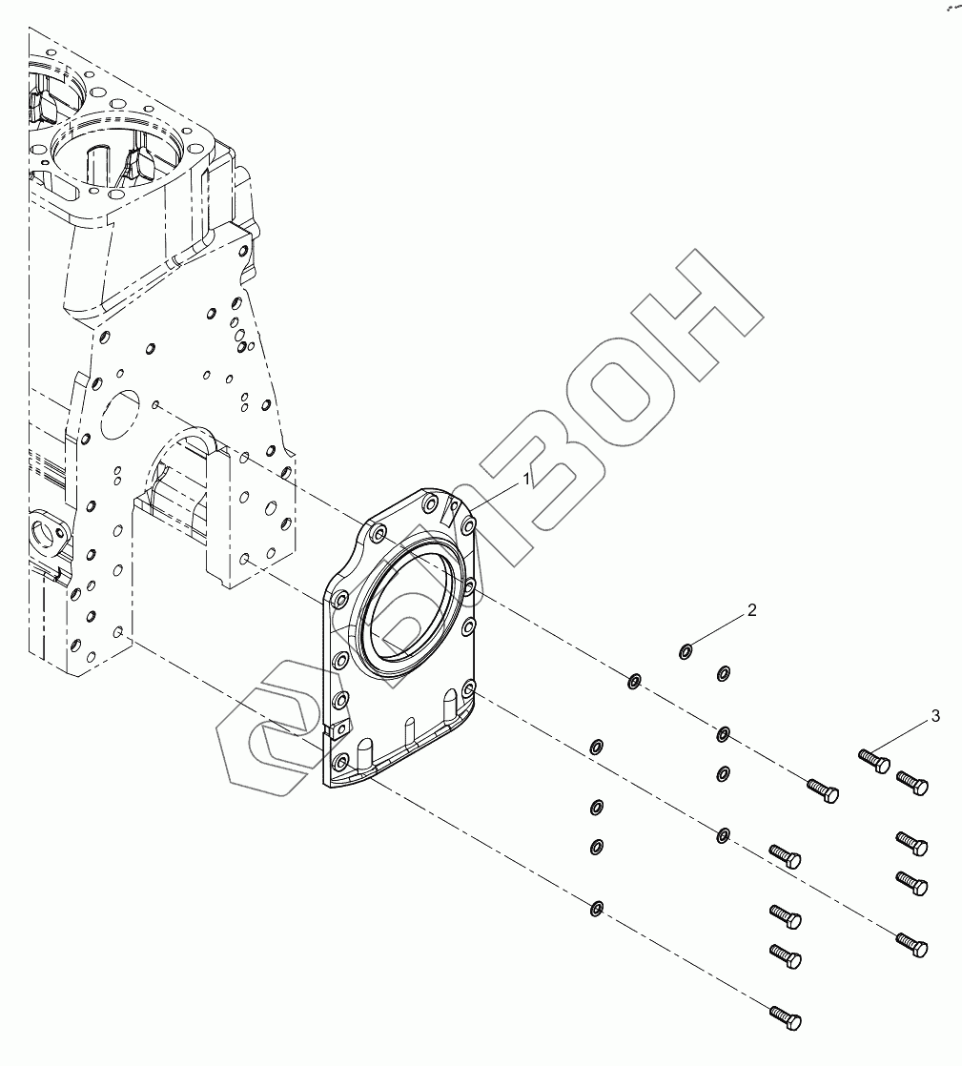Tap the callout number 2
coord(751,610)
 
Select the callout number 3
coord(934,715)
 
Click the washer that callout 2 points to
coord(686,652)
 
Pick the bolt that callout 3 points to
coord(873,760)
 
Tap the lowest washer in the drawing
coord(596,908)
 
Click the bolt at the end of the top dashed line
coord(822,789)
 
